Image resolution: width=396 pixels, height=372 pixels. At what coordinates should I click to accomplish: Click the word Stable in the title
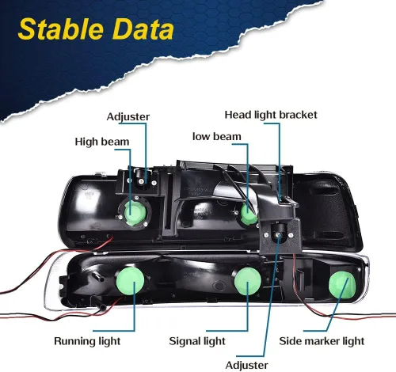(x=60, y=29)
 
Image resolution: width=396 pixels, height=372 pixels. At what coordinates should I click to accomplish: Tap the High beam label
(x=102, y=142)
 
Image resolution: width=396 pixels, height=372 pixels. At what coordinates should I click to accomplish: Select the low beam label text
(x=217, y=136)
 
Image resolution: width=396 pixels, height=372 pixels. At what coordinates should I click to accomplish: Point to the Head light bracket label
(x=271, y=115)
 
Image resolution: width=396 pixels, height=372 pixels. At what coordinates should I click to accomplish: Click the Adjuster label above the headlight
(x=128, y=116)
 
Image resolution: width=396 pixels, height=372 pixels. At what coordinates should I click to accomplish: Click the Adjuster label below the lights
(x=247, y=365)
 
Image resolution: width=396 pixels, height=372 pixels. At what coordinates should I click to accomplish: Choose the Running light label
(x=87, y=341)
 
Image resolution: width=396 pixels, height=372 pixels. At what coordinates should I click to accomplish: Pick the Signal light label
(x=197, y=341)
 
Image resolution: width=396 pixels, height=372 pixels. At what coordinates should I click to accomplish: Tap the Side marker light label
(x=322, y=341)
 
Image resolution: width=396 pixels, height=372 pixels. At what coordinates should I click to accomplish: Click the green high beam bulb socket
(x=135, y=211)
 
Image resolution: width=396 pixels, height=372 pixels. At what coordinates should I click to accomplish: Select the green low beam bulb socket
(x=248, y=214)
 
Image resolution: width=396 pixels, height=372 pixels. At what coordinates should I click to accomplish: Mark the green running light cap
(x=130, y=280)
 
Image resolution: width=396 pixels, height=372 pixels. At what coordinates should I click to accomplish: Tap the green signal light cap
(x=248, y=281)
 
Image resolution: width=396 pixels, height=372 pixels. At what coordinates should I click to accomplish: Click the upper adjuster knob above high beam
(x=142, y=177)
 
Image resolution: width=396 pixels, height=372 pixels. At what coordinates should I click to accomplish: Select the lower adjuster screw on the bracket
(x=278, y=234)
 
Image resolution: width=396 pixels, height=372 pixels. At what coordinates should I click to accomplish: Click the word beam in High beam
(x=116, y=142)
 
